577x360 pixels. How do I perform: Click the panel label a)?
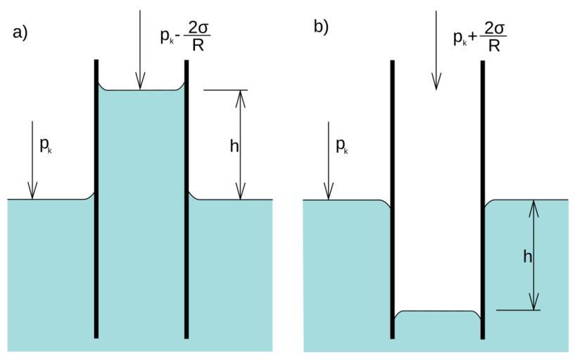20,32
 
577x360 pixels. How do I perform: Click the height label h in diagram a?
234,146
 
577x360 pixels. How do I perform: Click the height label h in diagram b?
527,257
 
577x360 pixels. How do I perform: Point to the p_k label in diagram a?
46,146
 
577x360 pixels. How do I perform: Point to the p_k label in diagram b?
341,146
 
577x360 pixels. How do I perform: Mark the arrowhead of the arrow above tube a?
140,84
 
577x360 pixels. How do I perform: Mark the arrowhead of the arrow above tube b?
436,84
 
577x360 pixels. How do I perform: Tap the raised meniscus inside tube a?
141,89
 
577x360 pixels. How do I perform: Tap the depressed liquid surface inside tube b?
437,311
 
